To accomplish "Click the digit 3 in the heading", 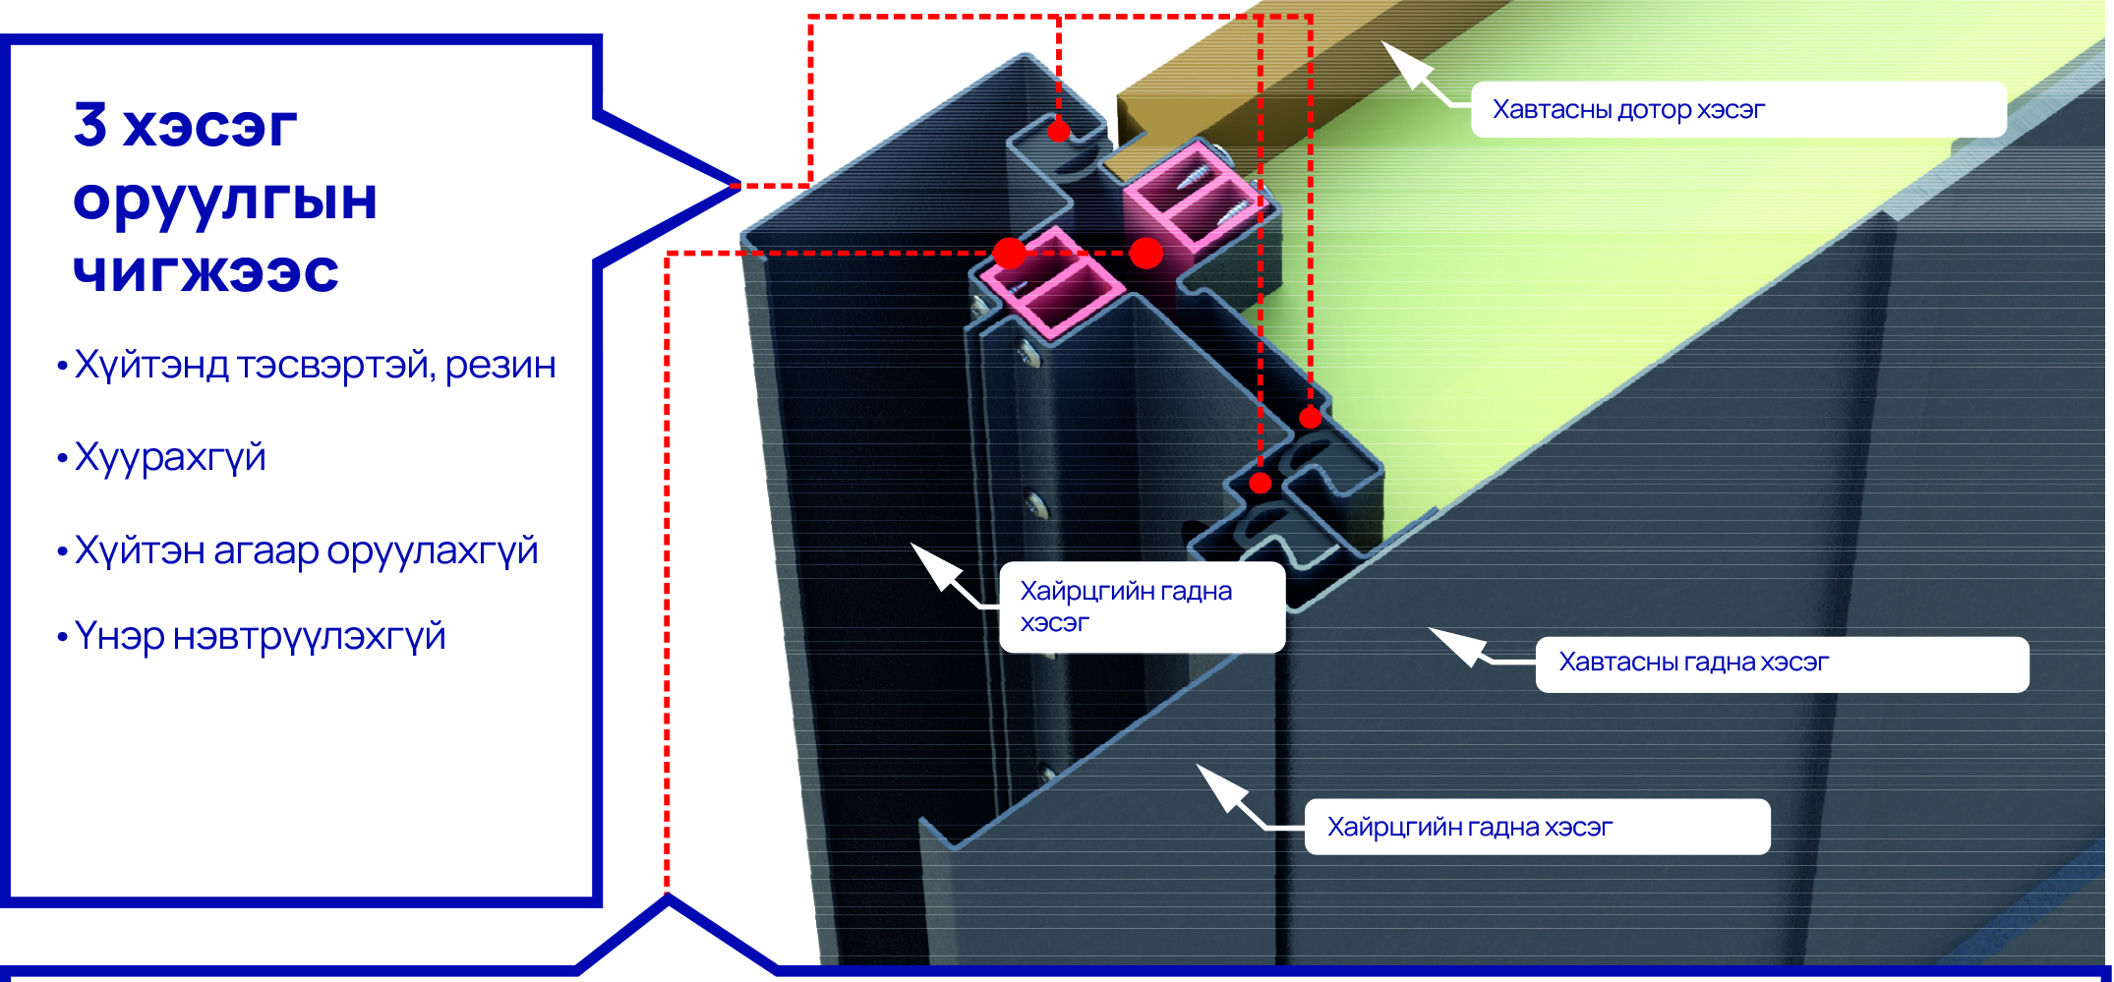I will (x=90, y=125).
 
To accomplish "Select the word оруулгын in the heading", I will (x=225, y=200).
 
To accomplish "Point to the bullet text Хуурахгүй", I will (x=170, y=458).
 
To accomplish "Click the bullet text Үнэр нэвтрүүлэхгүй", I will (x=260, y=637).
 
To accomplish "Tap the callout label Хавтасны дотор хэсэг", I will (x=1628, y=110).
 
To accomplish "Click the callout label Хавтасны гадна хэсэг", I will (x=1693, y=663).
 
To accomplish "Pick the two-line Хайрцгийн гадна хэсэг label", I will (x=1126, y=607).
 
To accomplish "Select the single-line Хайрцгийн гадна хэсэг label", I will (x=1469, y=828).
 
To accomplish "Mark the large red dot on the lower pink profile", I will (x=1009, y=253).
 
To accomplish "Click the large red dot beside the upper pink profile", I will (x=1145, y=253).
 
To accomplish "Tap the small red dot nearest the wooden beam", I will (x=1058, y=131).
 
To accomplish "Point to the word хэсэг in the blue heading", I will (x=209, y=127).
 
